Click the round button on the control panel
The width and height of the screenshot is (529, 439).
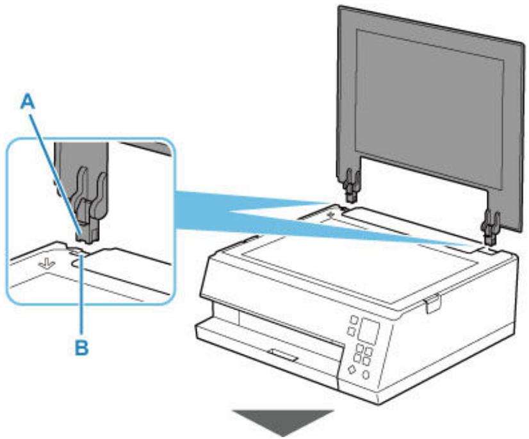(366, 373)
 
